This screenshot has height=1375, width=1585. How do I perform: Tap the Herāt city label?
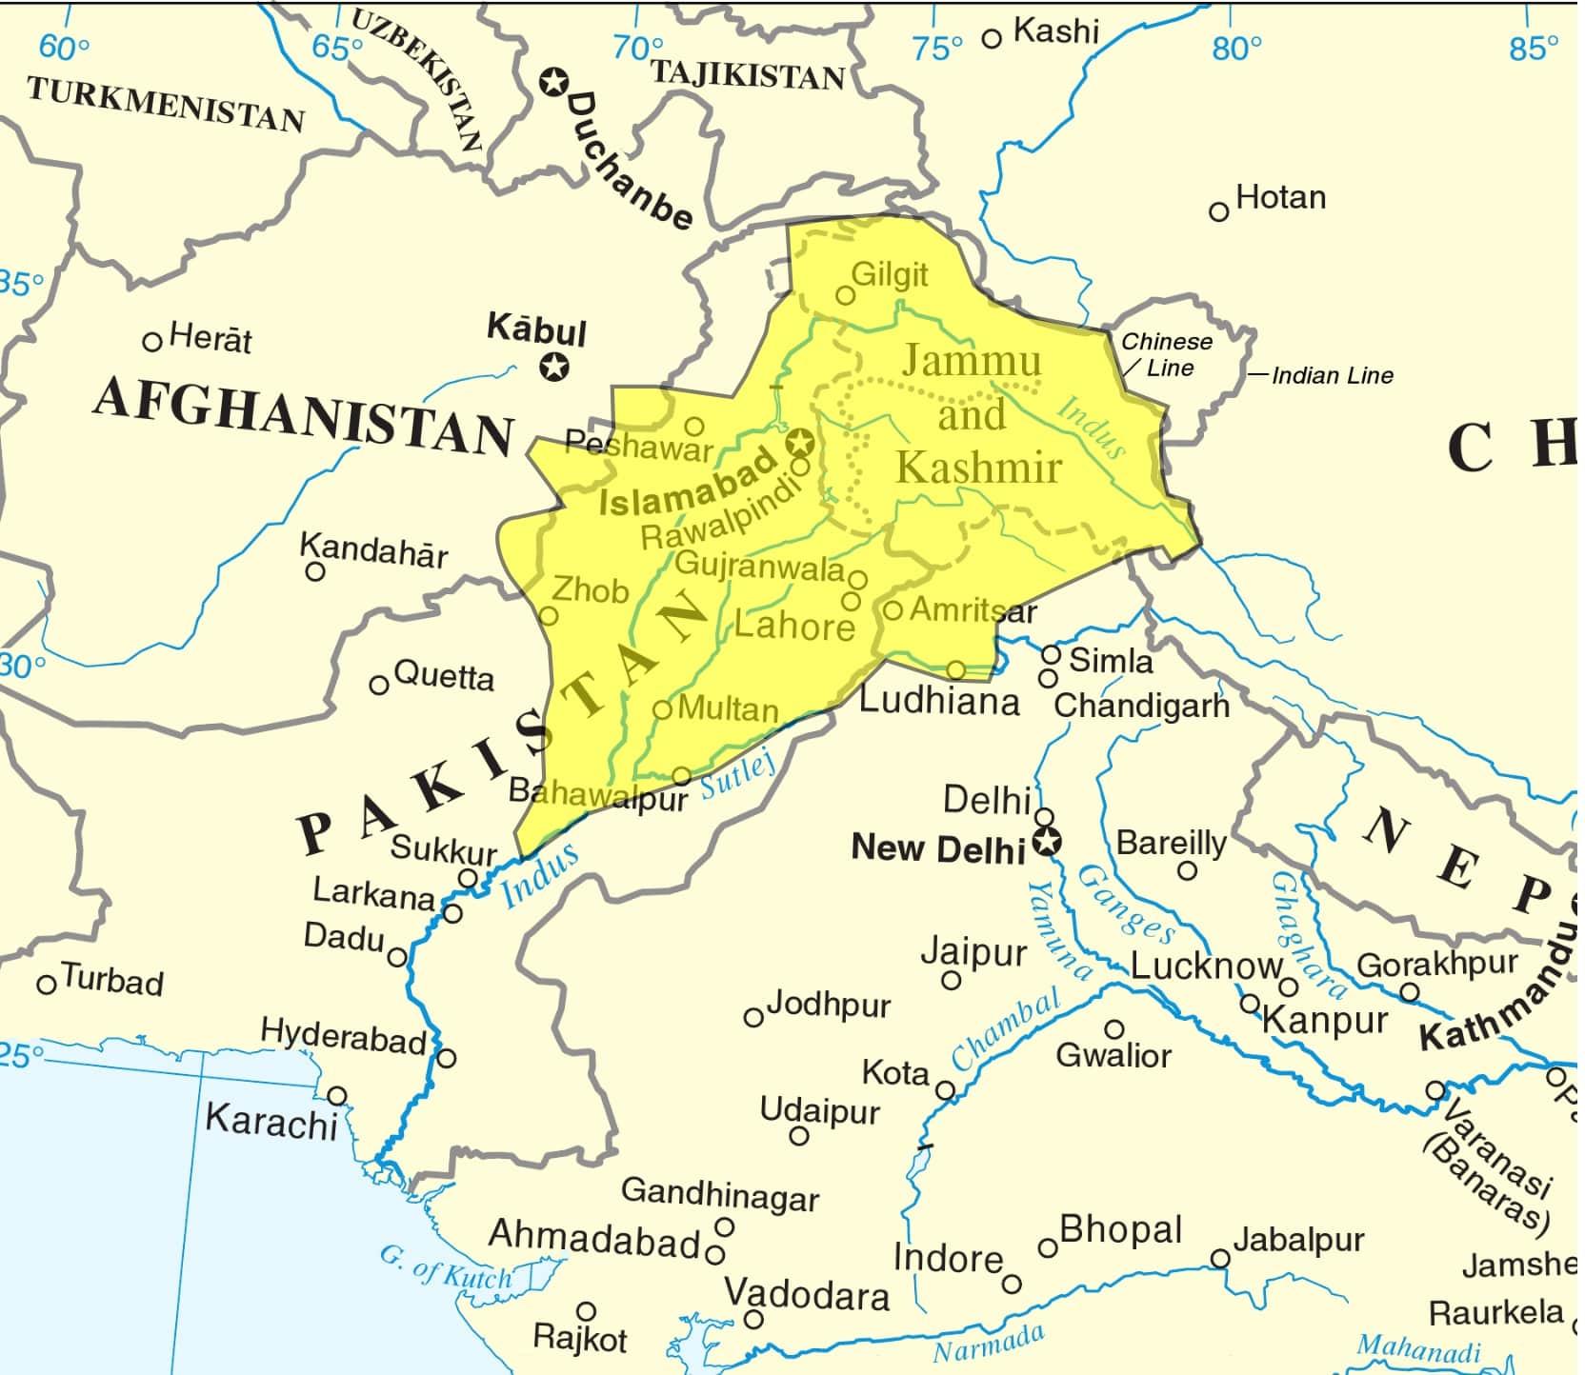[211, 339]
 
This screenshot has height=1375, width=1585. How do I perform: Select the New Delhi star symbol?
[1048, 842]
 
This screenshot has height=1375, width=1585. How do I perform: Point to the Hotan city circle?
[1218, 211]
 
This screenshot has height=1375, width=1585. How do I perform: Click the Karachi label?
[271, 1121]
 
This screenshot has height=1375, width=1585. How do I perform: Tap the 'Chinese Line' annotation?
[1166, 354]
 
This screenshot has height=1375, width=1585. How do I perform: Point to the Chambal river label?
[1006, 1030]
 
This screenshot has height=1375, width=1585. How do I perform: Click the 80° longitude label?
[1236, 48]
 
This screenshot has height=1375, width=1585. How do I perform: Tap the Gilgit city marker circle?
[845, 295]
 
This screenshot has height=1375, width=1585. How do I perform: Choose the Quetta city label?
[444, 677]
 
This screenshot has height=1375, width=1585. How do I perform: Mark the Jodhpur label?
[829, 1005]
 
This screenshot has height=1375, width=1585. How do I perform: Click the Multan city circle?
[662, 710]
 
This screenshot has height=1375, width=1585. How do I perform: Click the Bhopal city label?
[1120, 1230]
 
